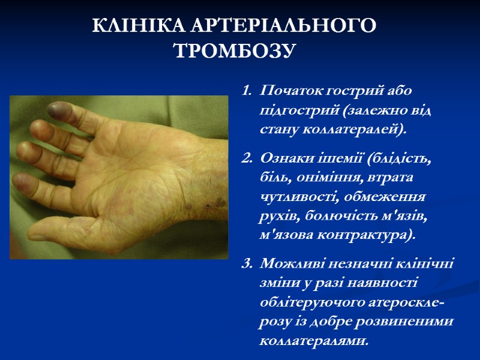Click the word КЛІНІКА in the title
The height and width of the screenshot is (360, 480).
point(139,26)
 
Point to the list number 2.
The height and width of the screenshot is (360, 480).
point(245,158)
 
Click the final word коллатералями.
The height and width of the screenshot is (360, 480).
point(312,340)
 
